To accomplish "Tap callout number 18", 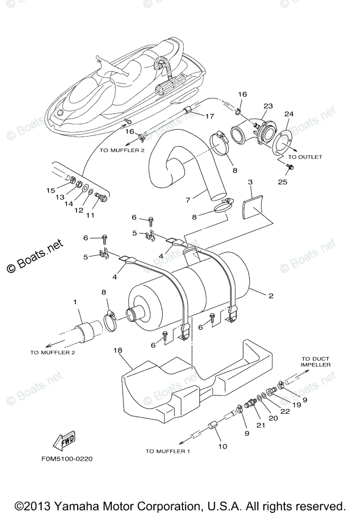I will tap(118, 350).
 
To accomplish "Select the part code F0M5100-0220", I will tap(67, 459).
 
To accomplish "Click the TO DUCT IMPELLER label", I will tap(316, 362).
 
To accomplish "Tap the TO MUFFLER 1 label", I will tap(168, 451).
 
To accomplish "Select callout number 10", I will tap(222, 447).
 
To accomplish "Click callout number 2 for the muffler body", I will tap(271, 295).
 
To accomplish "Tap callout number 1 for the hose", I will tap(75, 302).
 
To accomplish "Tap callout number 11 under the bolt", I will tap(90, 215).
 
